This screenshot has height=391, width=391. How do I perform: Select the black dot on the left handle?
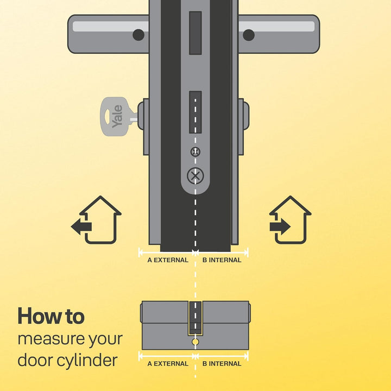point(138,35)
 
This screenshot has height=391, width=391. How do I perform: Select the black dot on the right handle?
point(249,35)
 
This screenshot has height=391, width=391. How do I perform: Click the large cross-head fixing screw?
point(195,175)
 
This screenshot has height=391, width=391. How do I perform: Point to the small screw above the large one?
point(195,152)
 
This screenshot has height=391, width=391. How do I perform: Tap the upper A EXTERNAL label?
point(168,260)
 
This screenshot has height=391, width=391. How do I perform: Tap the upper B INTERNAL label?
point(222,260)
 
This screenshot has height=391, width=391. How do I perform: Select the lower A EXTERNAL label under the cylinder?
point(168,364)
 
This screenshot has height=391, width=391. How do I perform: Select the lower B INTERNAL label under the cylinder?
point(222,364)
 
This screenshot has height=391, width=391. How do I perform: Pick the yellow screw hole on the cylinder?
point(195,343)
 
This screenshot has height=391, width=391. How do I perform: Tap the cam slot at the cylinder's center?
point(195,318)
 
